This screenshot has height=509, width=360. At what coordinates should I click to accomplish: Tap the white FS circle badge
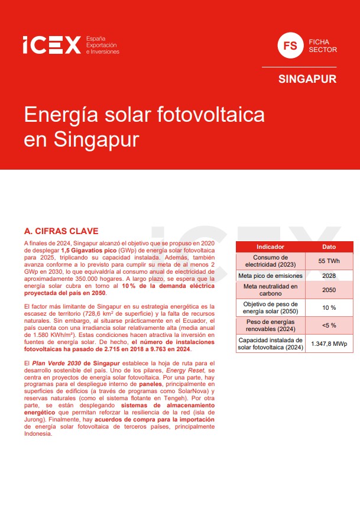click(x=290, y=46)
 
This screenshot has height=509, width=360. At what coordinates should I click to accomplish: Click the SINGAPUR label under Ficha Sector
click(x=307, y=79)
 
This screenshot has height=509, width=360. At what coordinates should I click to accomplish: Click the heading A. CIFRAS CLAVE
click(x=61, y=231)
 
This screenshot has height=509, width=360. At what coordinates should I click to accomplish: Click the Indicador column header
click(x=270, y=247)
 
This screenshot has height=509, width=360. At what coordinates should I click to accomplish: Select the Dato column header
click(x=328, y=247)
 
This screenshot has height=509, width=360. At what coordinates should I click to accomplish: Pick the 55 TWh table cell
click(x=328, y=261)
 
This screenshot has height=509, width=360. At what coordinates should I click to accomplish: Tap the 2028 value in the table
click(x=328, y=276)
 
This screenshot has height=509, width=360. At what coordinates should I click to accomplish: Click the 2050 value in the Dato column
click(x=328, y=290)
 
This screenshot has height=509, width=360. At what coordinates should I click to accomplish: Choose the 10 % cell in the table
click(x=328, y=307)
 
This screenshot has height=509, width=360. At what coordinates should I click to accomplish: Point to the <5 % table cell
click(x=328, y=325)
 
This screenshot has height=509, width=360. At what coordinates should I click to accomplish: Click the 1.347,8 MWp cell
click(x=329, y=343)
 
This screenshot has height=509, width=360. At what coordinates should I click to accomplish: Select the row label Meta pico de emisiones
click(x=270, y=276)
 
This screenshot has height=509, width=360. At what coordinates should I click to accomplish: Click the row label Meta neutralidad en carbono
click(x=270, y=290)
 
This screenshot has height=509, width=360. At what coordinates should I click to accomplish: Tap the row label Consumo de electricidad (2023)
click(x=270, y=261)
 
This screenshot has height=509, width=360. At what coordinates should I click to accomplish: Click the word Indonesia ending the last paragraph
click(x=38, y=434)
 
